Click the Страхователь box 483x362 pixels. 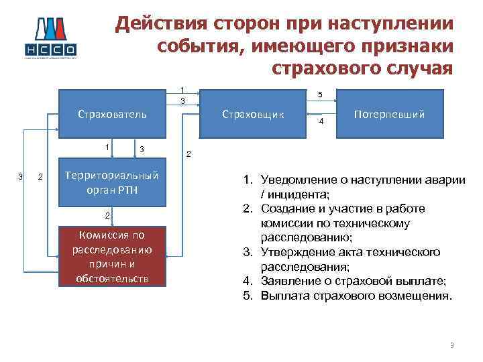(x=112, y=114)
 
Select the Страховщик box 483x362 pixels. (x=253, y=114)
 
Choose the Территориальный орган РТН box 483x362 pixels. (x=112, y=182)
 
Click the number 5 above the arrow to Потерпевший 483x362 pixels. (x=321, y=95)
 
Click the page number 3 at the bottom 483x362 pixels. (x=452, y=346)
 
